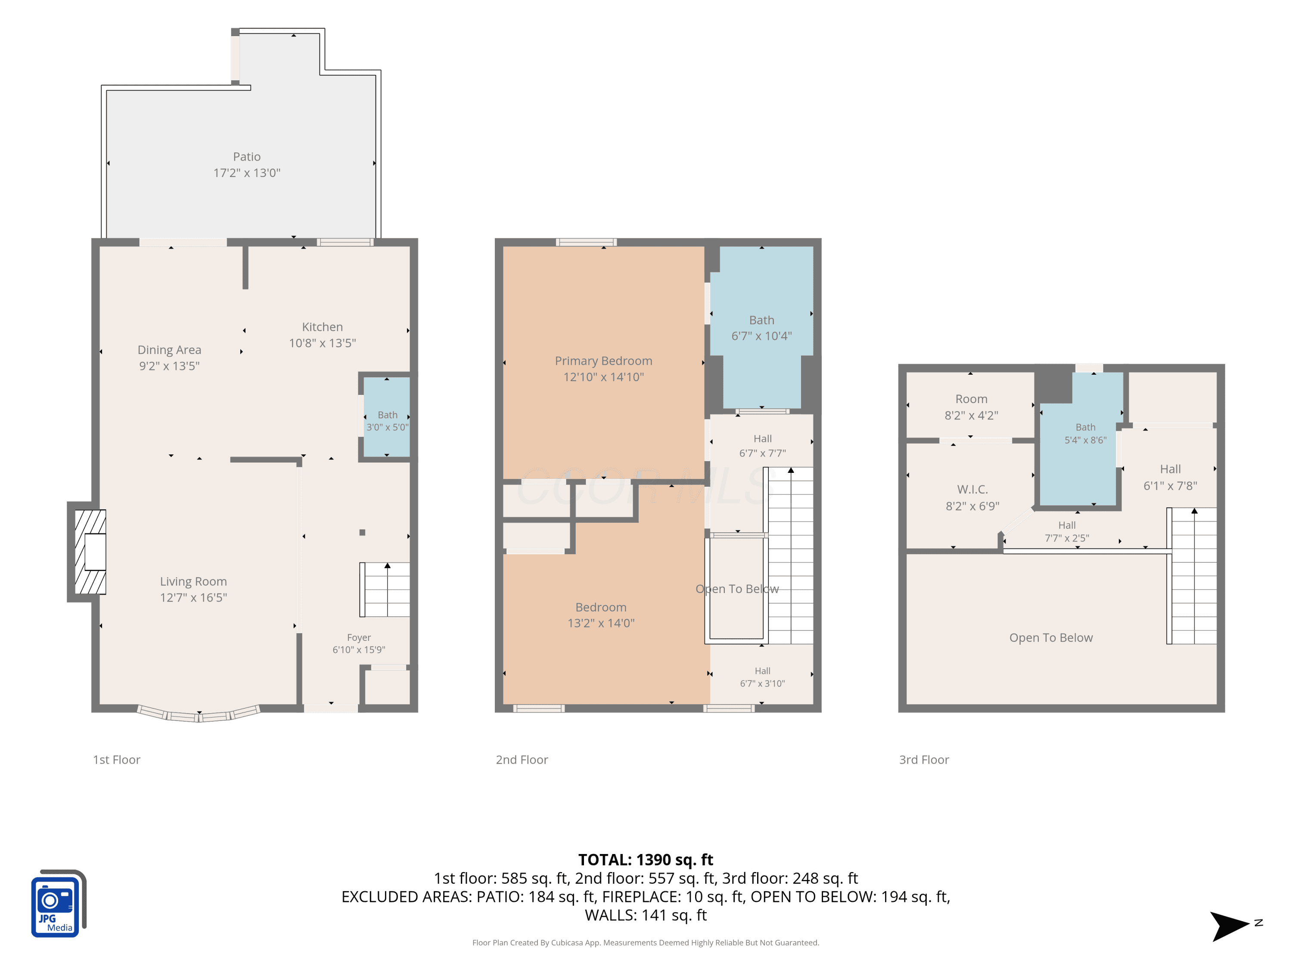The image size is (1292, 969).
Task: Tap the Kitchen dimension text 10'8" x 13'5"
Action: (323, 343)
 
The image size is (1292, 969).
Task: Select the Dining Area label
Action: (169, 350)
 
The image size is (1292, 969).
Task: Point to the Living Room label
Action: (193, 581)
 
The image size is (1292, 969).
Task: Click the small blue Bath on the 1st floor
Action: (387, 416)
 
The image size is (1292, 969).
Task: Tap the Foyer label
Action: (359, 637)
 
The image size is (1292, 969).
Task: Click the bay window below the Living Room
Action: (199, 714)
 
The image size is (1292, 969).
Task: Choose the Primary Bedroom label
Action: (603, 361)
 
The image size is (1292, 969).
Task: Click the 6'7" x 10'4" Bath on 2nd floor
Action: (762, 327)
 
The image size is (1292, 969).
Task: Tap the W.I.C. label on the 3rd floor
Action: (972, 490)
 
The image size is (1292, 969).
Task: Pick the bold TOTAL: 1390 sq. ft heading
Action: (646, 860)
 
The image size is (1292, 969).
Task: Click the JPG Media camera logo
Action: (59, 904)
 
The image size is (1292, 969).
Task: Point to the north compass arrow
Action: (1230, 926)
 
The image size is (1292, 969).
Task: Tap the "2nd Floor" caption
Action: (522, 760)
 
